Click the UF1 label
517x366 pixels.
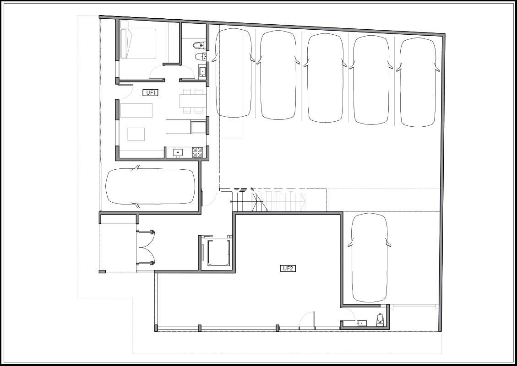tap(150, 92)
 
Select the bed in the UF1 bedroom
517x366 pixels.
tap(138, 44)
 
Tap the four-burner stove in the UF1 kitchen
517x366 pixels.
tap(197, 152)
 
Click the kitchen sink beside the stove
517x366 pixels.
tap(178, 152)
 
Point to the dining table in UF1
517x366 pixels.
tap(193, 101)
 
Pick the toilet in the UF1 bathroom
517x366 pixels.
tap(200, 45)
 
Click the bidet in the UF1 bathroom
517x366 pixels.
tap(201, 57)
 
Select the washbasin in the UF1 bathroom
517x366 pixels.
tap(202, 71)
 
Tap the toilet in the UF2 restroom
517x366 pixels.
tap(380, 319)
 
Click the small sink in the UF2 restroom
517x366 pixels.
tap(362, 323)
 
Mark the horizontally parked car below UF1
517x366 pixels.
tap(150, 187)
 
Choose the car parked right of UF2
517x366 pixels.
tap(369, 257)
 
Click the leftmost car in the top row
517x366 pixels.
tap(234, 73)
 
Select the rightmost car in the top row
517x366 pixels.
tap(418, 82)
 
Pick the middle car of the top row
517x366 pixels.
tap(325, 78)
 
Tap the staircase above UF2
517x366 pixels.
tap(269, 202)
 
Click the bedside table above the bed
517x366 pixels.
tap(124, 24)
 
